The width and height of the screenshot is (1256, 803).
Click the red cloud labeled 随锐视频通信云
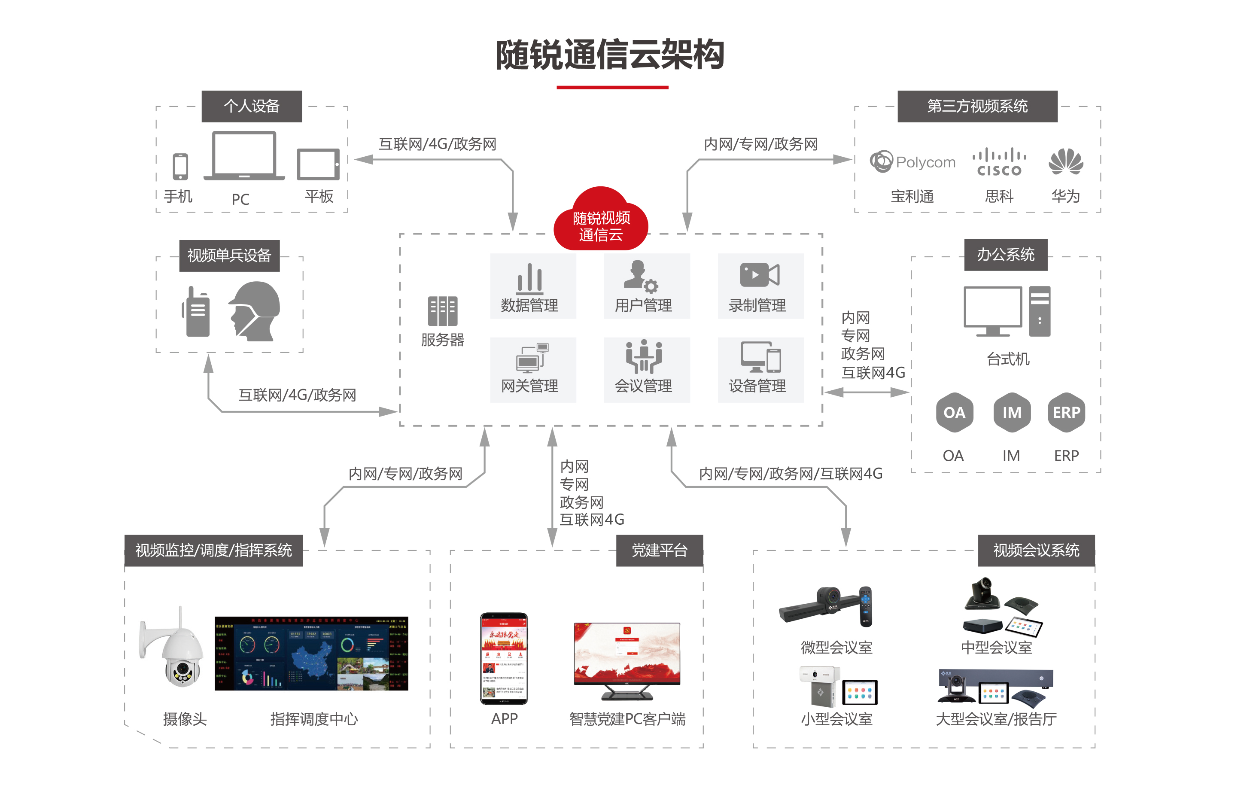coord(600,222)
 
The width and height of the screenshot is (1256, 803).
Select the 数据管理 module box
coord(532,286)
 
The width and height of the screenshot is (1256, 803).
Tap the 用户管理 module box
coord(646,286)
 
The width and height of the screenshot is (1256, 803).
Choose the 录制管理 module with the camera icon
coord(760,286)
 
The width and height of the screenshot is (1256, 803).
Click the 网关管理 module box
coord(532,369)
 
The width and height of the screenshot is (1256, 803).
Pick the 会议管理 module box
coord(646,369)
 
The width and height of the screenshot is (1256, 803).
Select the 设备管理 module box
coord(760,369)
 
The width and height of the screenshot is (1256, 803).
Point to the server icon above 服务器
coord(442,311)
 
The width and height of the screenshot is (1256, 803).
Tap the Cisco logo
coord(999,162)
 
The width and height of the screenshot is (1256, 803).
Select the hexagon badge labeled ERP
coord(1066,412)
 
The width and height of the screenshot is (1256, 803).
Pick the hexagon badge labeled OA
coord(954,412)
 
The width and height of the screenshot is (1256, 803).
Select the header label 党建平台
coord(659,550)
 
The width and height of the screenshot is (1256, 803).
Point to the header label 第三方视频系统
coord(977,106)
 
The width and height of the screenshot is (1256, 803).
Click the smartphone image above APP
coord(503,658)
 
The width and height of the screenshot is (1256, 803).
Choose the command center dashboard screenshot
coord(311,653)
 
